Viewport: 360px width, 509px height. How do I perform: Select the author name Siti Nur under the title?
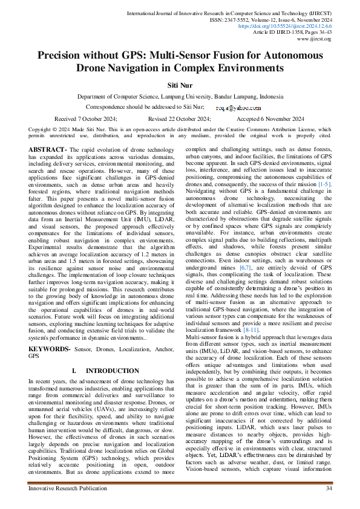tap(180, 86)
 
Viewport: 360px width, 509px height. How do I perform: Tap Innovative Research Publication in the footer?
tap(66, 488)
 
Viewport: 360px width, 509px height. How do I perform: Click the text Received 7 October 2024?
tap(86, 119)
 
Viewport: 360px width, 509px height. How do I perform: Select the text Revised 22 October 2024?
tap(178, 119)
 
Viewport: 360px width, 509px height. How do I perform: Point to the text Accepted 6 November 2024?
tap(270, 119)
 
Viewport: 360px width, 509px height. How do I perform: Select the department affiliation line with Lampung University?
tap(180, 97)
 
